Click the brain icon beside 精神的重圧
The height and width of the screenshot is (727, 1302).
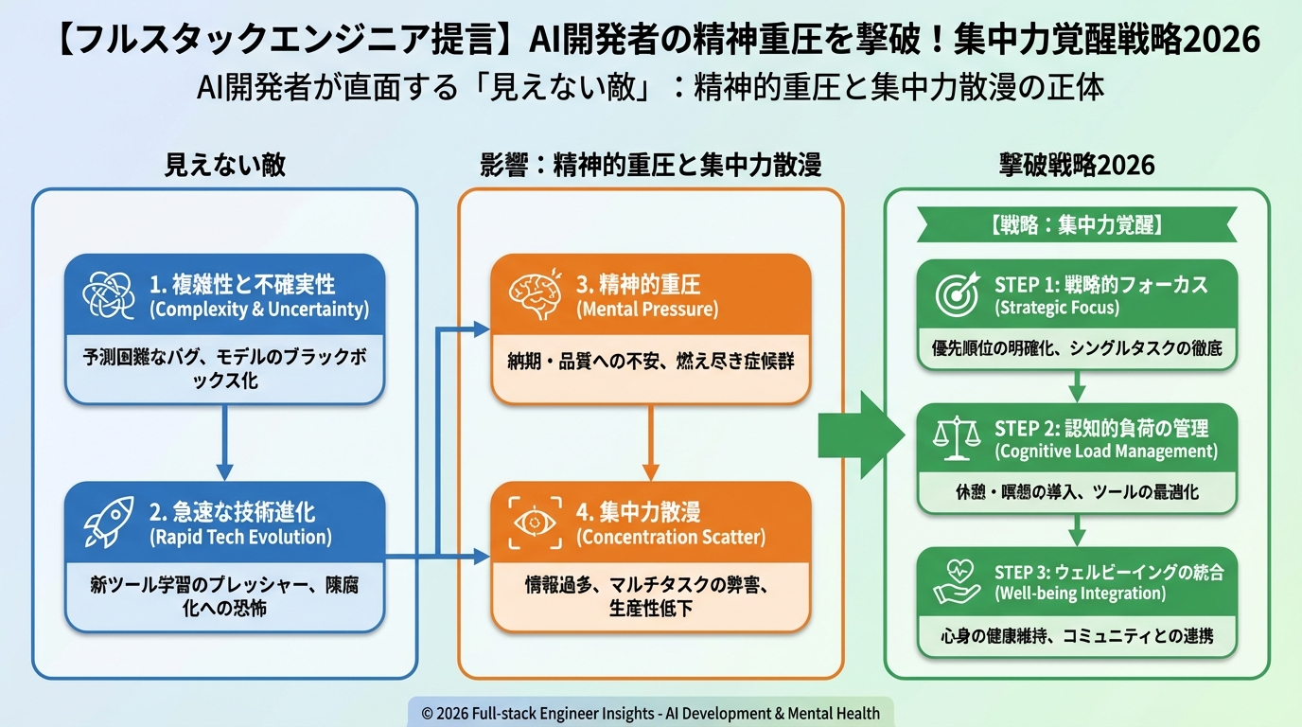(x=536, y=295)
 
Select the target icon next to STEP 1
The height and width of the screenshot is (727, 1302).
(x=957, y=295)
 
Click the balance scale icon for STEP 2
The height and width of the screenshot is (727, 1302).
(x=957, y=439)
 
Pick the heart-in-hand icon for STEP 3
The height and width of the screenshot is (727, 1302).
(x=957, y=582)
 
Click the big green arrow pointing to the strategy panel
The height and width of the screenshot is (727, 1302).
(x=860, y=434)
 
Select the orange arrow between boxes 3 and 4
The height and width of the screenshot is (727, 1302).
(x=650, y=443)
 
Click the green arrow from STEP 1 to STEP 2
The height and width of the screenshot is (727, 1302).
(x=1077, y=386)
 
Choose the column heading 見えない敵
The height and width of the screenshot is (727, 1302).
(x=224, y=165)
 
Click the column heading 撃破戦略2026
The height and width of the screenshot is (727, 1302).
(x=1077, y=165)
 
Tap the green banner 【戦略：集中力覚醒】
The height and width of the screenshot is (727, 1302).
(x=1077, y=225)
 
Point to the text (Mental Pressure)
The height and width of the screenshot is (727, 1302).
(x=647, y=310)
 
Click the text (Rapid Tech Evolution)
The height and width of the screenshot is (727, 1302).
(x=240, y=538)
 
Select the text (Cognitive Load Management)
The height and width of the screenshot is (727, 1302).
(x=1106, y=452)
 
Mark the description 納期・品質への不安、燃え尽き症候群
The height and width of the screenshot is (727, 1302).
(x=650, y=363)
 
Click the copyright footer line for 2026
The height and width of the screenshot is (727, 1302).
(x=651, y=714)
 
